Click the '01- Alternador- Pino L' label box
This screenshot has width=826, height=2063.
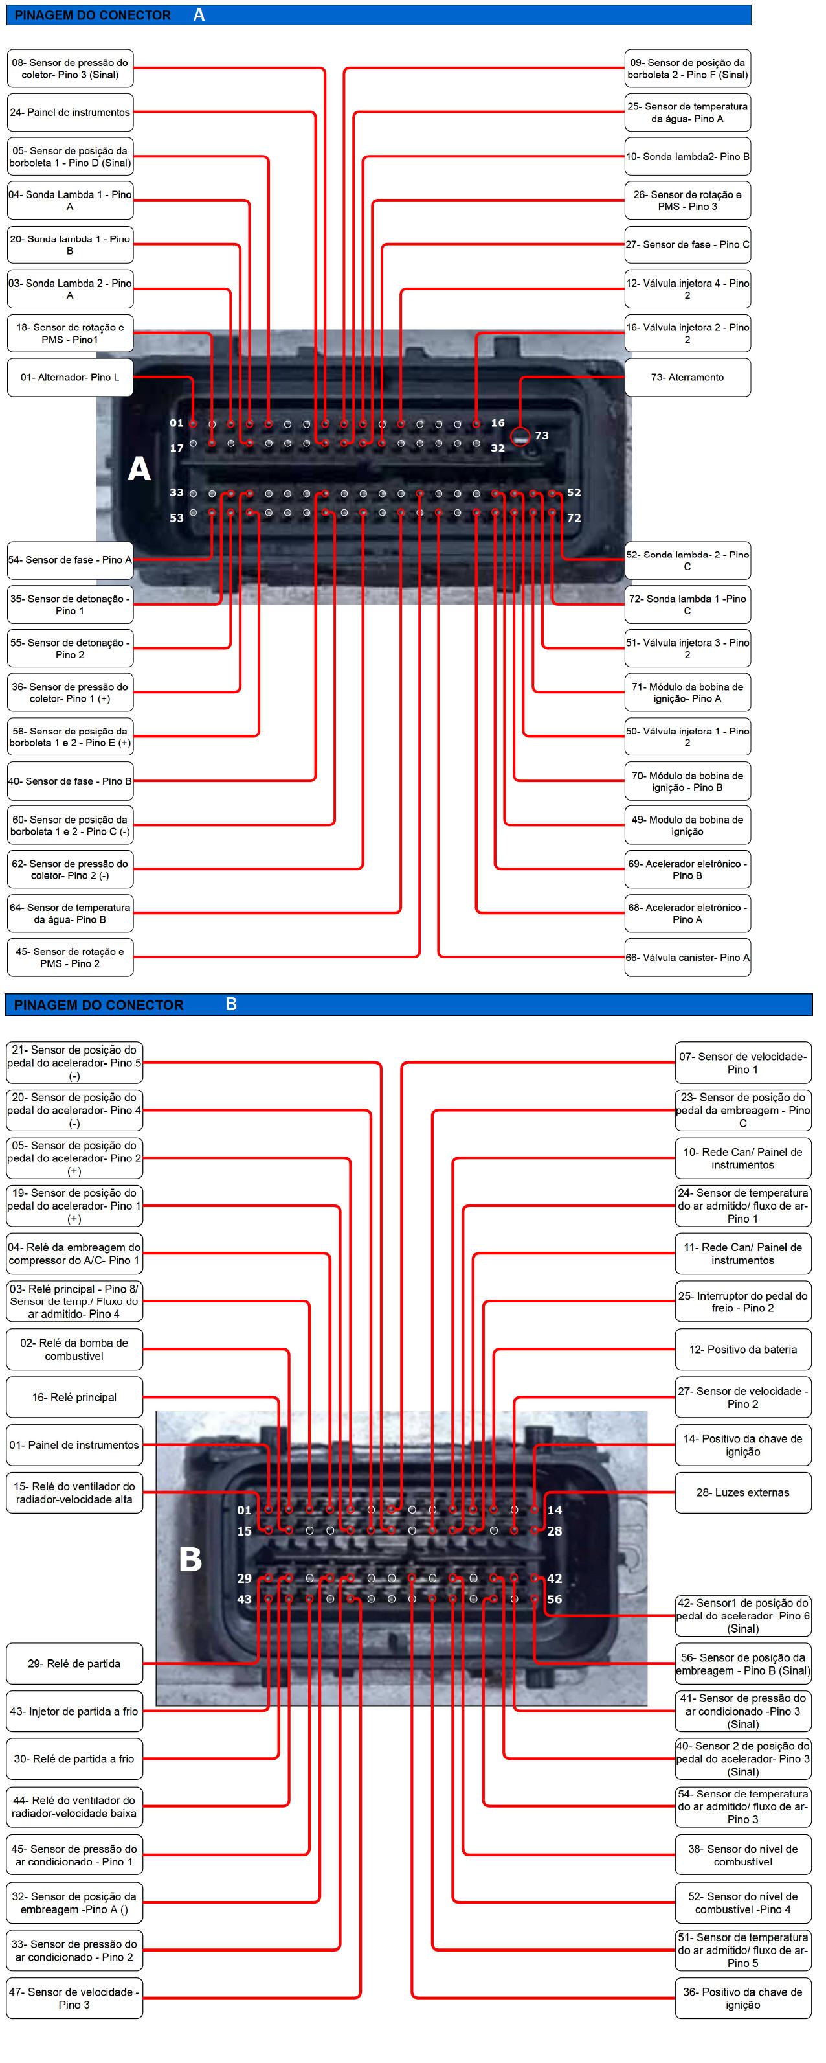coord(70,377)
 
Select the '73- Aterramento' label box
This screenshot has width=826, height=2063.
coord(687,377)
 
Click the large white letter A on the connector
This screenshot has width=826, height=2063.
coord(139,468)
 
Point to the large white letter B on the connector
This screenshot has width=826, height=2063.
coord(190,1560)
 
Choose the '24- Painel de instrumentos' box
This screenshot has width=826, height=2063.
coord(70,113)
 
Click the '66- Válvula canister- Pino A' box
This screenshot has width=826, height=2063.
coord(687,957)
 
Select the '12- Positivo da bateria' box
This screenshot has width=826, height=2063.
coord(742,1350)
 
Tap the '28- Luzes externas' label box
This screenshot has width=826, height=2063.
coord(742,1492)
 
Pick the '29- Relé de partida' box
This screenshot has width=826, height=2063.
coord(74,1663)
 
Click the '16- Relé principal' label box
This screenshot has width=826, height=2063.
coord(74,1397)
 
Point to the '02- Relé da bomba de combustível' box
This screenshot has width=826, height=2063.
coord(74,1350)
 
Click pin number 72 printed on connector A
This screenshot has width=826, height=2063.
coord(574,518)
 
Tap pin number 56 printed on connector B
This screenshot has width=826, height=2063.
coord(555,1599)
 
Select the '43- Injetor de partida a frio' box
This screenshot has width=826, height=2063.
coord(74,1711)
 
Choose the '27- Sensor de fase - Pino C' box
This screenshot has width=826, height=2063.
coord(687,244)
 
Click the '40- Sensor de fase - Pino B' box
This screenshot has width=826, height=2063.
coord(70,781)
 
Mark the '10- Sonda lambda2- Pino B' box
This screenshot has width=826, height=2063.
coord(687,156)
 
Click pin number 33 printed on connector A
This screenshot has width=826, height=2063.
coord(176,492)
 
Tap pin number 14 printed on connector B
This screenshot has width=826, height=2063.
coord(555,1510)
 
